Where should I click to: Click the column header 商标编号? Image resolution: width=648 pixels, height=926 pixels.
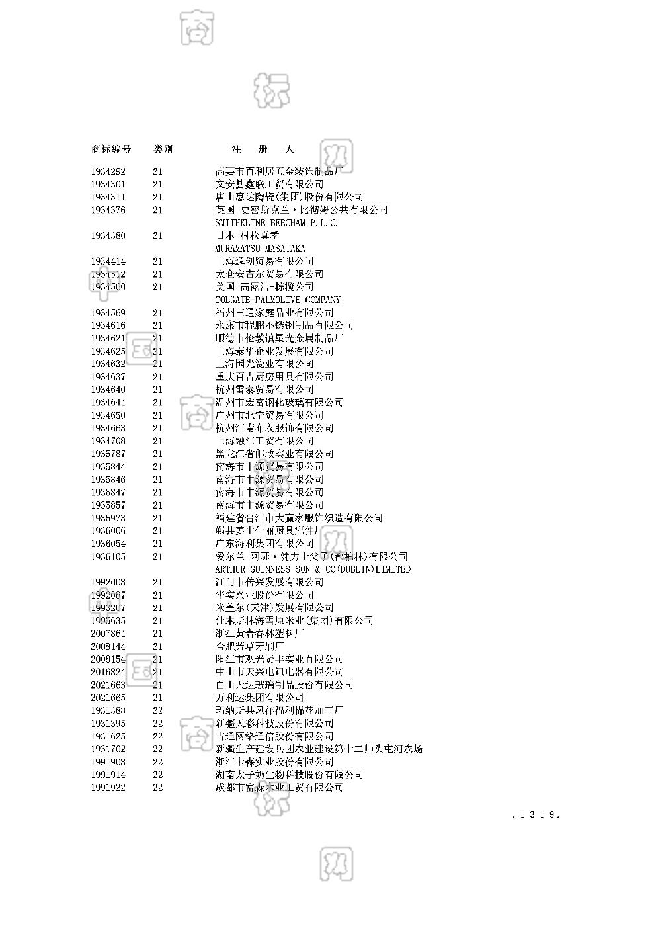tap(110, 149)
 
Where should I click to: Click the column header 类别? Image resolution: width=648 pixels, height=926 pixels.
tap(163, 149)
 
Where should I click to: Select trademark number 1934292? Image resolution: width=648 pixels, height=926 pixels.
tap(108, 171)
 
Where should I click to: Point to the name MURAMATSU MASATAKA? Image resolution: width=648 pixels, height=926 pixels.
tap(260, 249)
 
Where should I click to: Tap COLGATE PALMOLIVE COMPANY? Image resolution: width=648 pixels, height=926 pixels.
tap(278, 300)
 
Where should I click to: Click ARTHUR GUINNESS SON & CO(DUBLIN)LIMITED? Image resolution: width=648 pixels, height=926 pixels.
tap(313, 569)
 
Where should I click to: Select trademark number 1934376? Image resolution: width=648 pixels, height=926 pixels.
tap(108, 210)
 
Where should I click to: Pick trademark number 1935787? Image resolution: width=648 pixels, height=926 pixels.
tap(108, 454)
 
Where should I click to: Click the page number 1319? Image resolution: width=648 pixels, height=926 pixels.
tap(537, 815)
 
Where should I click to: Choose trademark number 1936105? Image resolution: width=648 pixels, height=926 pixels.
tap(108, 557)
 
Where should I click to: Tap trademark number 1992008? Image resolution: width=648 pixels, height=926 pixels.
tap(108, 582)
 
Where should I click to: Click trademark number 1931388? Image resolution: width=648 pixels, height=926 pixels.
tap(108, 710)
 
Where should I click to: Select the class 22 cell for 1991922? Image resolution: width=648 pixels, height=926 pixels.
tap(157, 788)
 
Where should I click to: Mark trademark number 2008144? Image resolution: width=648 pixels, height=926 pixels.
tap(108, 646)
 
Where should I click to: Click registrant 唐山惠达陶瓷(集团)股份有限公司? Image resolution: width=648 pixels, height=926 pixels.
tap(289, 197)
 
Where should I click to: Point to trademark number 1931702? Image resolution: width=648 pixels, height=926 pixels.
tap(108, 749)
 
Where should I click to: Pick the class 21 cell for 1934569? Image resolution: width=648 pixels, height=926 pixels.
tap(157, 313)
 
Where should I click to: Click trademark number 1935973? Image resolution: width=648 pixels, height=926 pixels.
tap(108, 518)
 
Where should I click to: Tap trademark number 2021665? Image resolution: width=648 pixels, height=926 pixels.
tap(108, 698)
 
